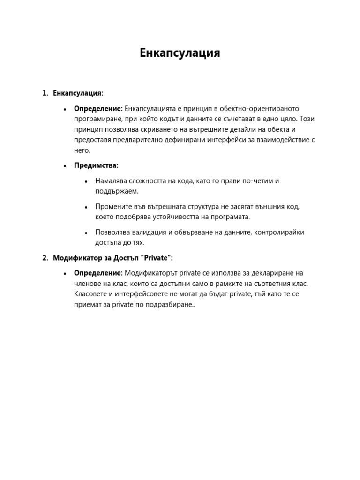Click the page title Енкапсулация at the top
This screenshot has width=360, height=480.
[180, 53]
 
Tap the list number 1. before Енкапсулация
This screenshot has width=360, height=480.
[45, 93]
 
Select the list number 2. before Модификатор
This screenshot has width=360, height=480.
[45, 258]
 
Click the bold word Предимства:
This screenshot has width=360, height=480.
[96, 165]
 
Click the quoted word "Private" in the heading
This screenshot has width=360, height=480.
[155, 258]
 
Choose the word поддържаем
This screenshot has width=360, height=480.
[117, 191]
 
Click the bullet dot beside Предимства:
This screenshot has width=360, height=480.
[65, 166]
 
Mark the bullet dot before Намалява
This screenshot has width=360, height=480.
[86, 181]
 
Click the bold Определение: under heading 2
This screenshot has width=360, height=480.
[98, 273]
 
